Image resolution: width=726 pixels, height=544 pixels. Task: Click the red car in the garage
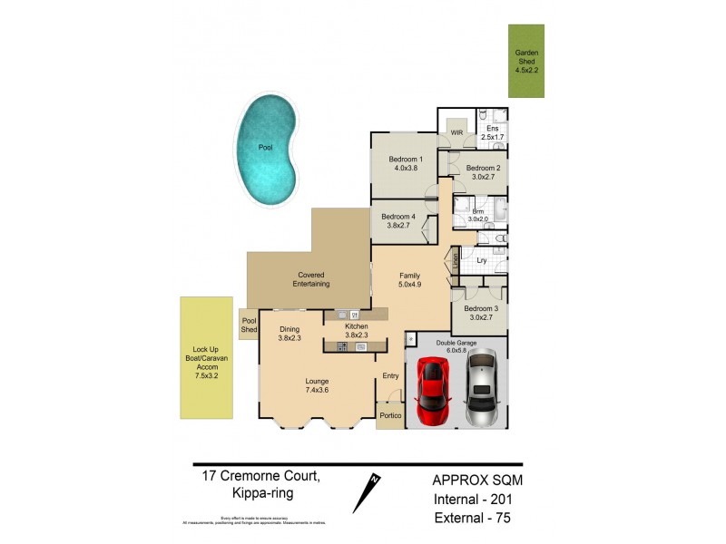(433, 391)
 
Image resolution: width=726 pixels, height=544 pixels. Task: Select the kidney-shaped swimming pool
(266, 151)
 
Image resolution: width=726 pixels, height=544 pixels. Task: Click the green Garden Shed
(525, 61)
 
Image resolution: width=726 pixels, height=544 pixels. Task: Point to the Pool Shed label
(248, 324)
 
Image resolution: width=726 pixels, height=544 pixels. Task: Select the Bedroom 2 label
(483, 173)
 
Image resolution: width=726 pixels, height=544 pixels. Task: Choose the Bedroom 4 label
(398, 222)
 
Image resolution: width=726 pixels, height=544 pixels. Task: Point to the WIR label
(456, 133)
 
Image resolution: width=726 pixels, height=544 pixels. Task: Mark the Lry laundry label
(482, 261)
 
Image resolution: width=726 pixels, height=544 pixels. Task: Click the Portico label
(390, 416)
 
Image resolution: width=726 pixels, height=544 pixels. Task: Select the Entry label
(390, 376)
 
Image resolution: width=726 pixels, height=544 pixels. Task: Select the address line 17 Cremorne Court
(257, 475)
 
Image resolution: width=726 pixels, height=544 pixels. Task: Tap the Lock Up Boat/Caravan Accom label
(206, 357)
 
